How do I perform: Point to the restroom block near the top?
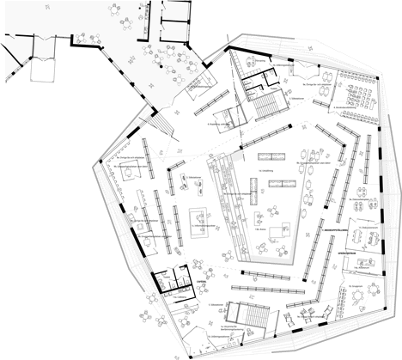[255, 82]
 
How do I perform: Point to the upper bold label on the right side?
[336, 230]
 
